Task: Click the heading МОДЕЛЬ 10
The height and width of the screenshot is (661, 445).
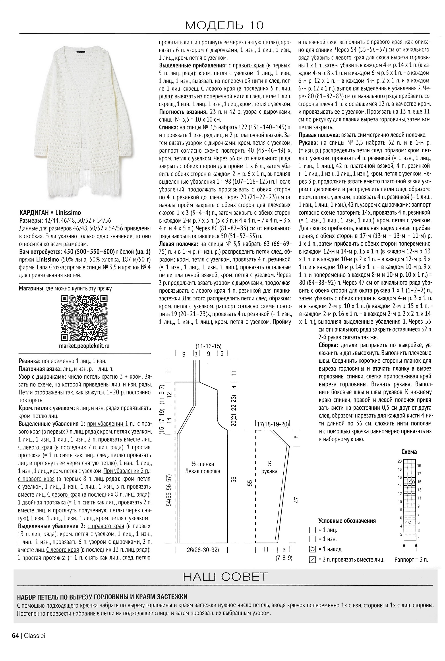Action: point(224,26)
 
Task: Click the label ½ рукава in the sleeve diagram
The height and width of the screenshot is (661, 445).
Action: point(269,468)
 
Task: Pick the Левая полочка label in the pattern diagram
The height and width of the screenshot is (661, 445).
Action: point(203,471)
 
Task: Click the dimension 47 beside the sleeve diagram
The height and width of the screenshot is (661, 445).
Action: point(297,499)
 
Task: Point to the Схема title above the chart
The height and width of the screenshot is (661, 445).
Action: point(409,452)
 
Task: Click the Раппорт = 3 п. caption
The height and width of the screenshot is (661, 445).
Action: point(411,559)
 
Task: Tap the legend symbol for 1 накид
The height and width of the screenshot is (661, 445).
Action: point(312,549)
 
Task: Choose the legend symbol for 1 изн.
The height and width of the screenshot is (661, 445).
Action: point(312,539)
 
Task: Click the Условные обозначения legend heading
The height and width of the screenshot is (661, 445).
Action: point(347,521)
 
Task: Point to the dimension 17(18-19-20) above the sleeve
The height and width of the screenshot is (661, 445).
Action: point(272,424)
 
